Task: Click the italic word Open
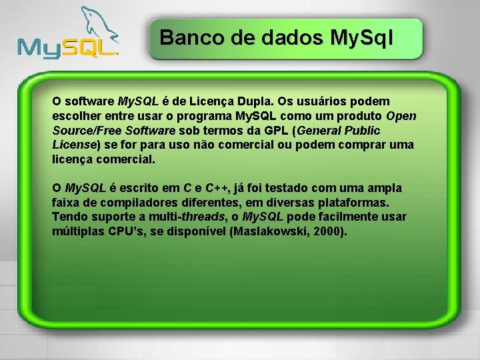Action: click(x=401, y=116)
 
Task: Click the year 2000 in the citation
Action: click(x=329, y=232)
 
